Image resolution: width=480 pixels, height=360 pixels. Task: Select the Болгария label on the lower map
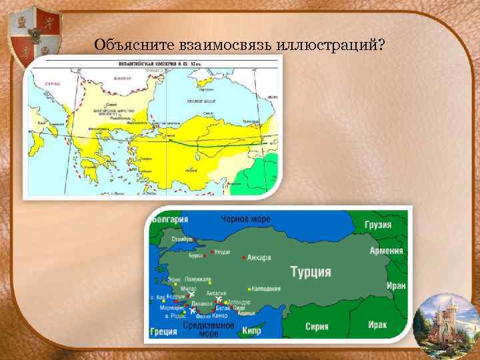(x=169, y=219)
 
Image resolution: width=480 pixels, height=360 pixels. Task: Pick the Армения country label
(x=387, y=251)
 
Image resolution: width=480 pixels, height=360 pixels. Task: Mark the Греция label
(x=163, y=331)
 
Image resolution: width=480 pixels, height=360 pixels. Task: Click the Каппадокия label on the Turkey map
(x=265, y=289)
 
